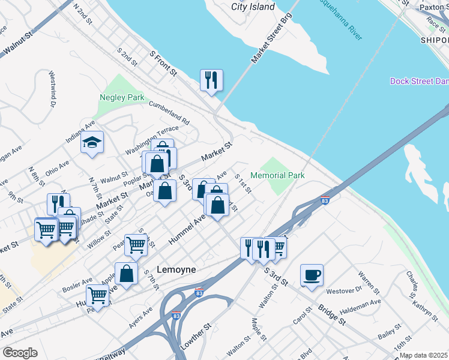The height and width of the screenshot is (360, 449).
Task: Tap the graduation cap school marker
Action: tap(92, 143)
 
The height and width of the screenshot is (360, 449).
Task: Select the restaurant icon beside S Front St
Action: tap(211, 80)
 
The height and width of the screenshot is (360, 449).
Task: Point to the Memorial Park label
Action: tap(277, 175)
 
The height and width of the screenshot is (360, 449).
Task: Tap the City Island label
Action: tap(253, 7)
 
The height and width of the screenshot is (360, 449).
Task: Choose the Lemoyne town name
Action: tap(176, 270)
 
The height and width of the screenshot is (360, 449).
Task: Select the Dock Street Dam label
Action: tap(419, 81)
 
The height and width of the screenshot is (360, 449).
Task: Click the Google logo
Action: tap(20, 352)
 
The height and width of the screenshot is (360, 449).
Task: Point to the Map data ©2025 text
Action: tap(423, 355)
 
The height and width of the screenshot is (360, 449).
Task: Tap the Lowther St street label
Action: tap(195, 338)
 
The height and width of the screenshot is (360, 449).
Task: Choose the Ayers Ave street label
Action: tap(141, 318)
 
